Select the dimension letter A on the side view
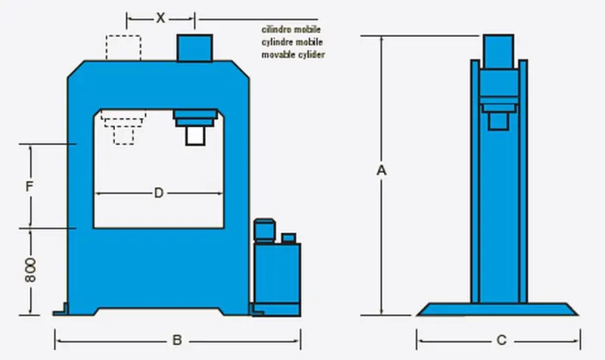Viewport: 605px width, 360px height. pos(382,172)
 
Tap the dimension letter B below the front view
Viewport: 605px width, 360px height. pos(176,340)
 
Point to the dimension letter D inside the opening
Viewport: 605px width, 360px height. pos(159,194)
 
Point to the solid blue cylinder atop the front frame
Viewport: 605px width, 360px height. pos(196,46)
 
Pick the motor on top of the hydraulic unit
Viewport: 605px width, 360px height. pos(264,231)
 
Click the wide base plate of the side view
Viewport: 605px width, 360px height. pos(499,309)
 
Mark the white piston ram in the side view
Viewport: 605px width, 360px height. pos(498,120)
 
